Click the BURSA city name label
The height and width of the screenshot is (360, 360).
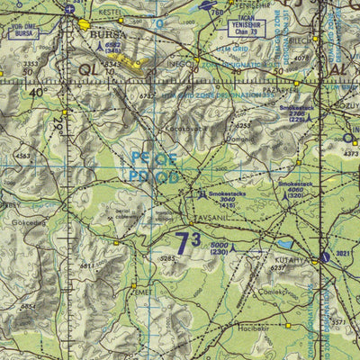click(x=106, y=36)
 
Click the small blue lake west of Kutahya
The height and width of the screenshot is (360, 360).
click(x=284, y=243)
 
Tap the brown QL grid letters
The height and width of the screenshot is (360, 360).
click(x=89, y=68)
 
